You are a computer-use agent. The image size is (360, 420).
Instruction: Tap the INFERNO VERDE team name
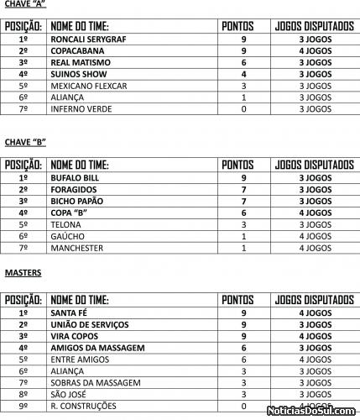pos(82,108)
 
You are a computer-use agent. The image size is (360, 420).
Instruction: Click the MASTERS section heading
pos(23,273)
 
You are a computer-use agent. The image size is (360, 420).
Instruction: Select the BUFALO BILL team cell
pos(75,178)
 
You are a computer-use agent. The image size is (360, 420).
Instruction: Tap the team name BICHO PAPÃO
pos(78,202)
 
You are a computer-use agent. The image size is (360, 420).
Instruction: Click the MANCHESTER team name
pos(76,248)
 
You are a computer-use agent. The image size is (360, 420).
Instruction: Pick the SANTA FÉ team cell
pos(70,312)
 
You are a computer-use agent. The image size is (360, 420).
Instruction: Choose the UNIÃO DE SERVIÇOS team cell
pos(89,324)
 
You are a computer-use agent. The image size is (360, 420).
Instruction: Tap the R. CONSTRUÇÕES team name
pos(84,406)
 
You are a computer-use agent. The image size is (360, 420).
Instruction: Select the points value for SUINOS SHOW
pos(243,74)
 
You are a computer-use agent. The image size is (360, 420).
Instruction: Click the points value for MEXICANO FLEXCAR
pos(243,86)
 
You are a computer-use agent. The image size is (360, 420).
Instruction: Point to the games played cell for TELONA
pos(314,224)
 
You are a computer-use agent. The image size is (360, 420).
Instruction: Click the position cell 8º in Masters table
pos(23,394)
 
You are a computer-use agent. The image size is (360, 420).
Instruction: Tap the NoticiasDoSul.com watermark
pos(312,411)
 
